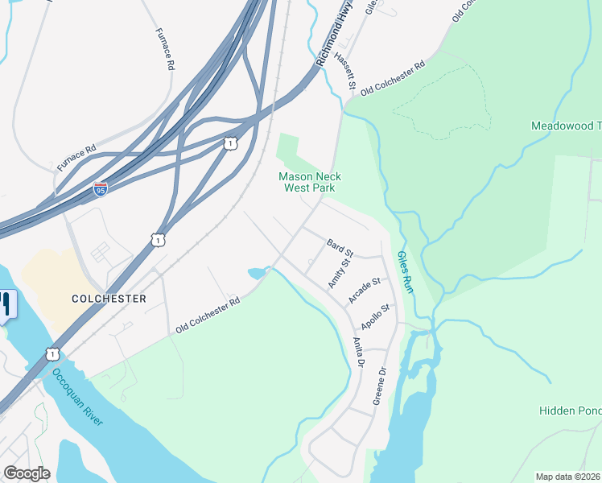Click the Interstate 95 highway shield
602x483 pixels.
(x=100, y=189)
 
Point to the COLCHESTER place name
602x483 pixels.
(x=109, y=299)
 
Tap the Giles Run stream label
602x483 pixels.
(x=406, y=272)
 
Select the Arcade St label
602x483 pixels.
(x=364, y=291)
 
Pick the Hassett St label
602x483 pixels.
(x=345, y=68)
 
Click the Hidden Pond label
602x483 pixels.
(x=570, y=411)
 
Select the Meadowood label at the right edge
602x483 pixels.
(x=566, y=126)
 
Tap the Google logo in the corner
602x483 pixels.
(x=27, y=473)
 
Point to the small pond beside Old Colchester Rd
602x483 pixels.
(x=257, y=274)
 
